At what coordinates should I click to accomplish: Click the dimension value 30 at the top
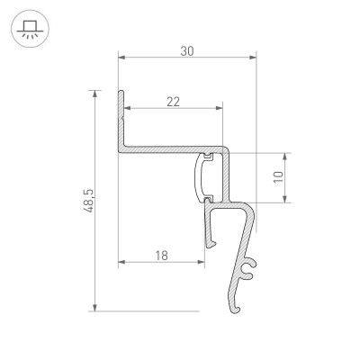coord(187,51)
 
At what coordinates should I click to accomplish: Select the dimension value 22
coord(172,102)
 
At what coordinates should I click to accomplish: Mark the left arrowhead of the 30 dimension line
coord(121,60)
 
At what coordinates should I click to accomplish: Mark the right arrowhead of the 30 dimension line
coord(254,60)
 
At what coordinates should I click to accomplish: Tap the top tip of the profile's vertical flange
coord(119,92)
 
